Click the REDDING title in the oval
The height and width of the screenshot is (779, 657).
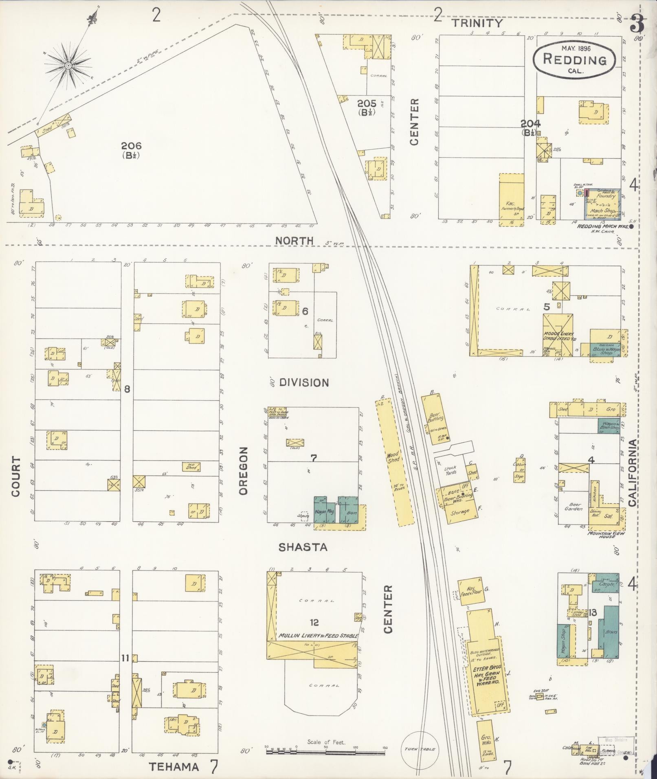coord(574,60)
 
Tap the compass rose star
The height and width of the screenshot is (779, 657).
coord(68,65)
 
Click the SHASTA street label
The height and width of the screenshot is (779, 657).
coord(303,547)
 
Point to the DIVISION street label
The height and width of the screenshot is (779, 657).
coord(304,383)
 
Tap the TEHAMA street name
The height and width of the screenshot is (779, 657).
coord(174,767)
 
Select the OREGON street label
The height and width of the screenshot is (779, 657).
coord(244,471)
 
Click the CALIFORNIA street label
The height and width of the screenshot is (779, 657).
coord(632,473)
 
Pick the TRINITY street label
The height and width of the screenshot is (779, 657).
coord(478,23)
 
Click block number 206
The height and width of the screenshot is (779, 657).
coord(131,146)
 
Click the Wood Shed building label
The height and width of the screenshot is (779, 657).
coord(393,456)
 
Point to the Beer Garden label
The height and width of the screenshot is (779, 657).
coord(573,507)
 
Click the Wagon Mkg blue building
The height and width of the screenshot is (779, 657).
coord(324,511)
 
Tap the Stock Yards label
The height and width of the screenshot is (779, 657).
coord(450,470)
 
